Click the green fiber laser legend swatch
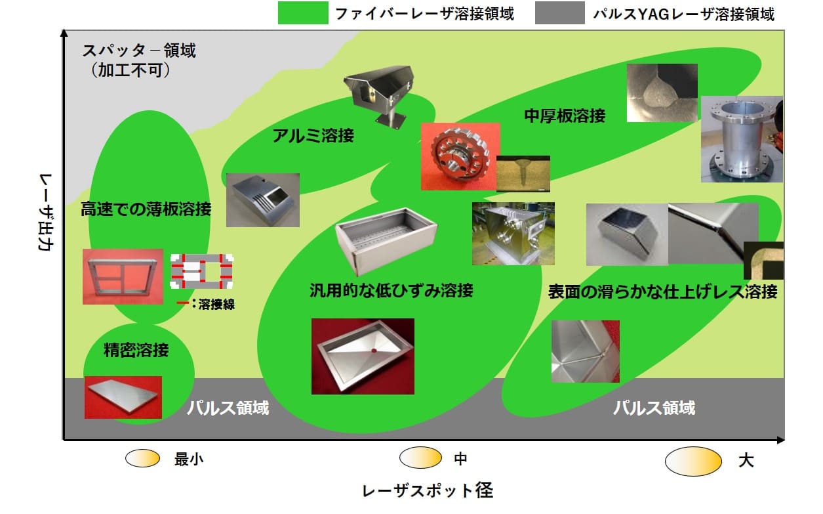click(x=302, y=12)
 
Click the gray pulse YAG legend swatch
click(x=559, y=12)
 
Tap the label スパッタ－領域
click(x=140, y=50)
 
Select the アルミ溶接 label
click(x=313, y=136)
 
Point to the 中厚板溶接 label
click(x=565, y=116)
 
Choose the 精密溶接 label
click(x=136, y=350)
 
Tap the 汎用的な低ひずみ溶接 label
click(x=391, y=289)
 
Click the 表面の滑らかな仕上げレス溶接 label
click(x=662, y=291)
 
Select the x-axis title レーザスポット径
click(x=427, y=490)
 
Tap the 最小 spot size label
click(x=188, y=460)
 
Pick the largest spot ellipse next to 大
click(x=693, y=461)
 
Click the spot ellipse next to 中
click(x=420, y=458)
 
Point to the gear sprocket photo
click(x=460, y=157)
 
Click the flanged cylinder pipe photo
click(x=741, y=139)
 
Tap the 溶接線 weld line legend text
click(x=216, y=304)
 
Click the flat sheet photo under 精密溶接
click(x=123, y=396)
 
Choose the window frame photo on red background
click(x=123, y=276)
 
